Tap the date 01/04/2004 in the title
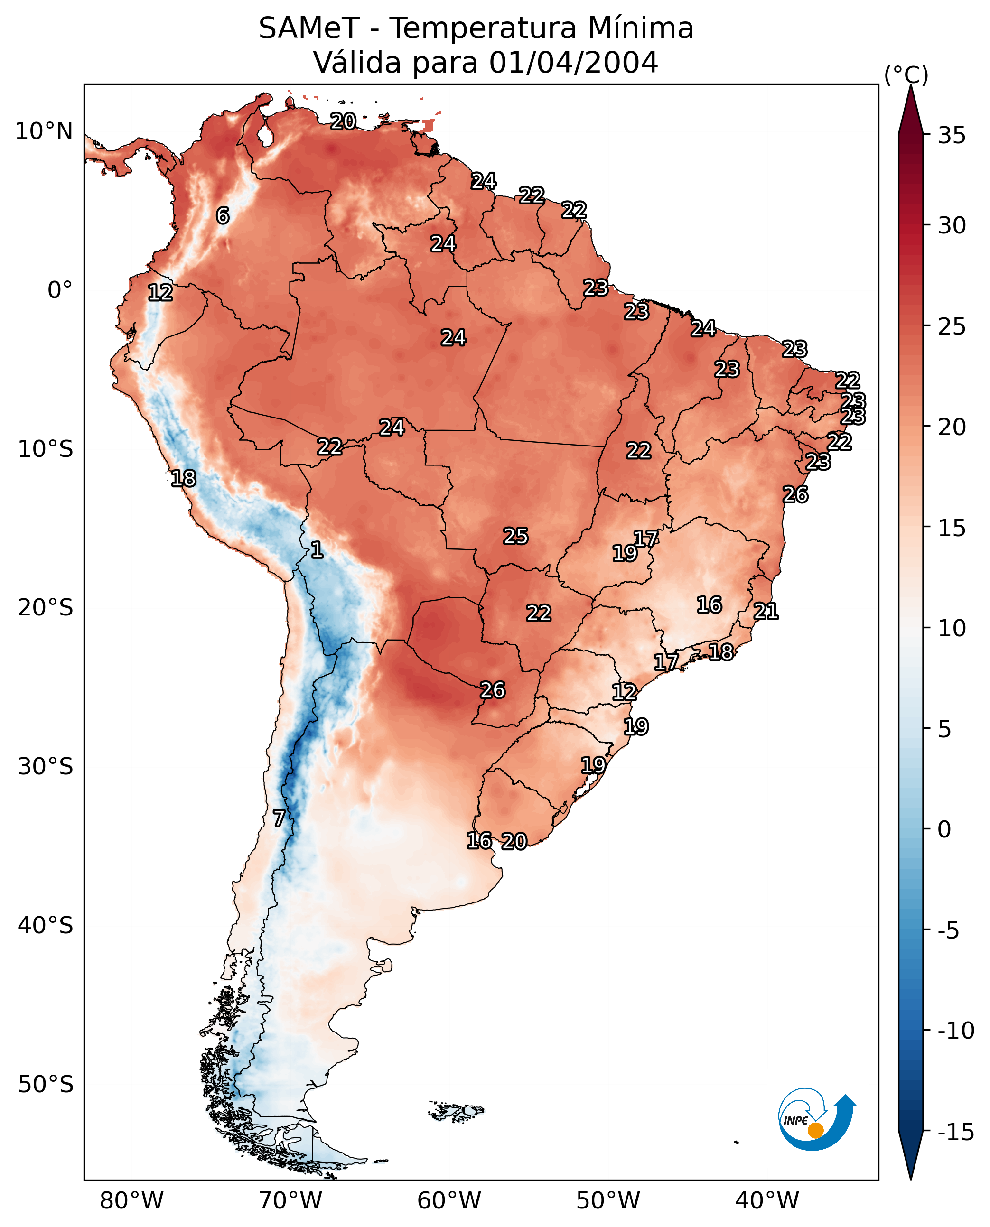pos(573,62)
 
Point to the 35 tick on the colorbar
pos(952,136)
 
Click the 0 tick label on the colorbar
pos(944,829)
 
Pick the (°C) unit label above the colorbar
pos(906,74)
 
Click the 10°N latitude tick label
pos(44,132)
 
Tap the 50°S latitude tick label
pos(46,1084)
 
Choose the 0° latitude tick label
pos(60,290)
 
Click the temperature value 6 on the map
pos(223,215)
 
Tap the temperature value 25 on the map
pos(515,536)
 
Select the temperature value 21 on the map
pos(766,611)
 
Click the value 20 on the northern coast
pos(343,121)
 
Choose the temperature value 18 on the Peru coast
pos(184,478)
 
